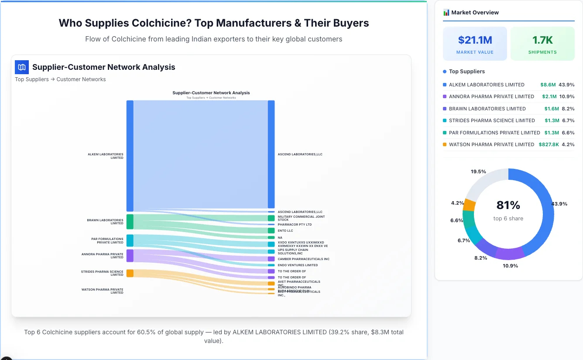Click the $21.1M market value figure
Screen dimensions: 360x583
(475, 40)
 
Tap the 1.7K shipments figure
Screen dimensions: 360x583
(542, 40)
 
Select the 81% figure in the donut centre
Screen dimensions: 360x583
(508, 205)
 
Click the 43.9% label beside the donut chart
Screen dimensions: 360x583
(559, 204)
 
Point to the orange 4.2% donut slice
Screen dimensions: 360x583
(469, 205)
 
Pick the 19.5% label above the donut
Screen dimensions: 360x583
(478, 171)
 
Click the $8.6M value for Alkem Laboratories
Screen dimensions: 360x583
(548, 85)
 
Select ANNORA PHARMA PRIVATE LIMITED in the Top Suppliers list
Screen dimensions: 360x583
(491, 96)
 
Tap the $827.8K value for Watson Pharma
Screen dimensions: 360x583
(549, 144)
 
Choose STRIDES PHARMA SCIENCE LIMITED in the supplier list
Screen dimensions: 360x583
(492, 120)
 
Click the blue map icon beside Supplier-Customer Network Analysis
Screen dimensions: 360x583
(22, 67)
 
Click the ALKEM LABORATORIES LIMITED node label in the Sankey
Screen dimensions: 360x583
(106, 156)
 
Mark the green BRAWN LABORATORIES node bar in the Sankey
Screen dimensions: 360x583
(130, 222)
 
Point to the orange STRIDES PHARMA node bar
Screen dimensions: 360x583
(130, 273)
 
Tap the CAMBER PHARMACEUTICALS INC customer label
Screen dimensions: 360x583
(303, 259)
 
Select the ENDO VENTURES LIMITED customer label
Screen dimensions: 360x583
(298, 265)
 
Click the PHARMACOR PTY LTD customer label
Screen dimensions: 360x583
(295, 225)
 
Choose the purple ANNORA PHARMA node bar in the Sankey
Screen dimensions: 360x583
(130, 256)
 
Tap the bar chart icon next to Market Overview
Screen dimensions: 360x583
(446, 13)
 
